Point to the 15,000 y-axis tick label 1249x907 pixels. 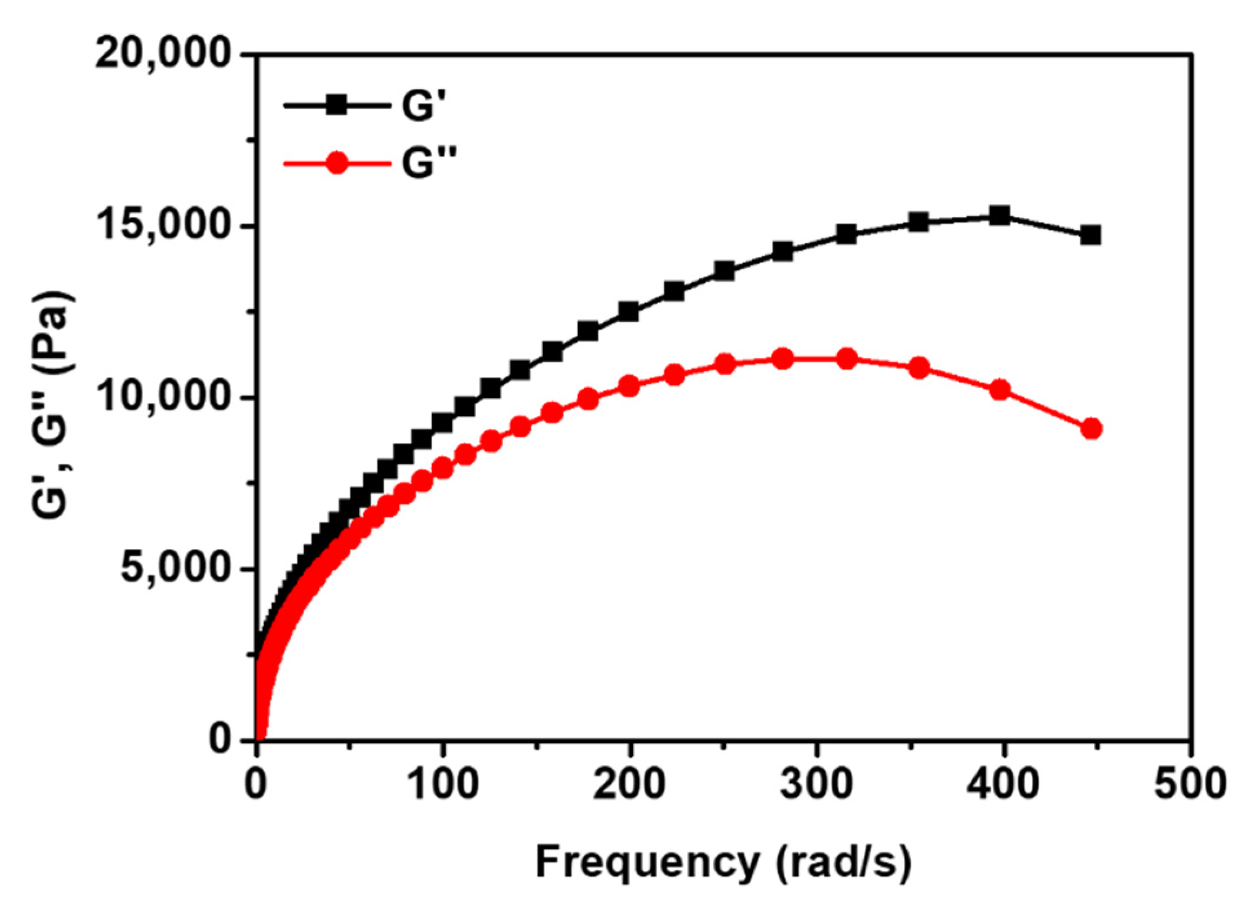coord(162,226)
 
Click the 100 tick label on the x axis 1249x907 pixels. coord(442,783)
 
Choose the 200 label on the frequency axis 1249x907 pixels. coord(629,783)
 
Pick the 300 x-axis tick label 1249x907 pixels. coord(816,783)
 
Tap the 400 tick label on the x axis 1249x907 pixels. coord(1003,783)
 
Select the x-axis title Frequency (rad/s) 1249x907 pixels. coord(723,863)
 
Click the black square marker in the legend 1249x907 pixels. coord(337,106)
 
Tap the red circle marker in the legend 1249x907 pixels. coord(337,162)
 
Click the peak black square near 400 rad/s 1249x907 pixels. coord(999,216)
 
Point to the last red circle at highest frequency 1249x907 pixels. coord(1091,429)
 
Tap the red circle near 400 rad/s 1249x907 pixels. coord(1000,389)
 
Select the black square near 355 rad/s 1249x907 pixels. coord(919,222)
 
